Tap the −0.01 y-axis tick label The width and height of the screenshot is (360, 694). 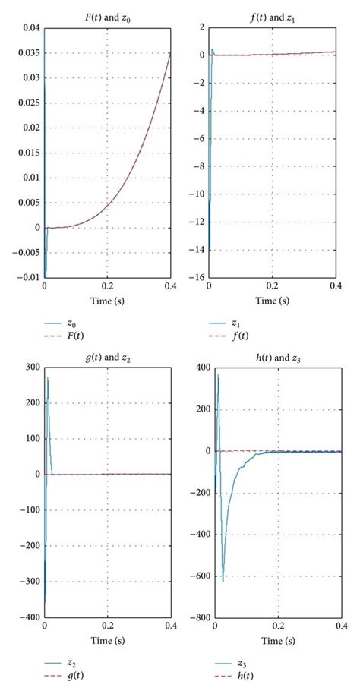[x=26, y=277]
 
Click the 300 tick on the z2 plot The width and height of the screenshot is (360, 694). [x=31, y=367]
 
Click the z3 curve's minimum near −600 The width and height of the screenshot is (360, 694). [x=223, y=582]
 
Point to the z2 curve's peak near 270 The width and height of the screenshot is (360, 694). [x=48, y=378]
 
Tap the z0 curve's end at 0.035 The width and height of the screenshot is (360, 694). [x=171, y=55]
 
